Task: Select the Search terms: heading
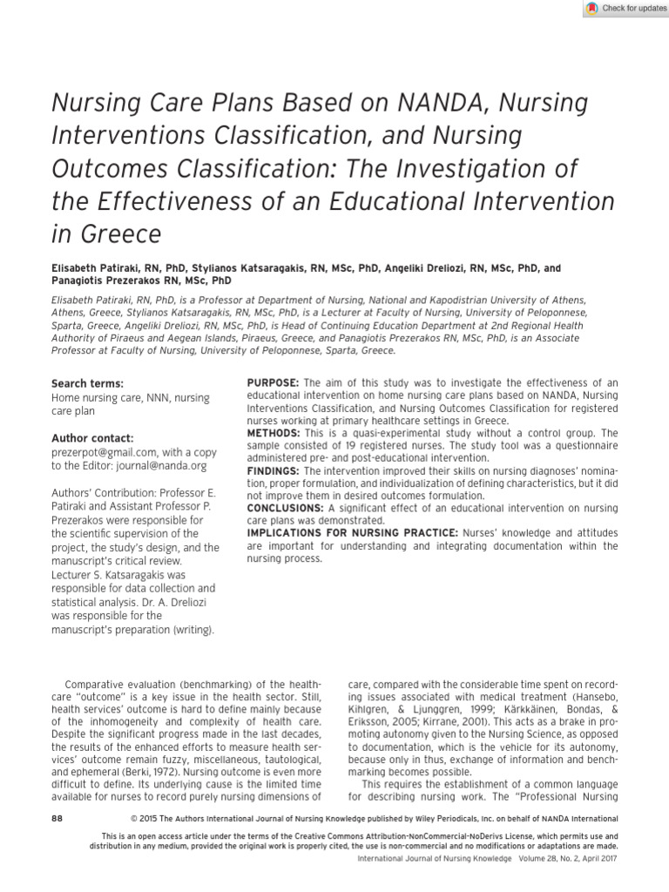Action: [x=87, y=383]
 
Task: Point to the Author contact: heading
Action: [x=92, y=437]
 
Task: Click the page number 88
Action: [x=58, y=819]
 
